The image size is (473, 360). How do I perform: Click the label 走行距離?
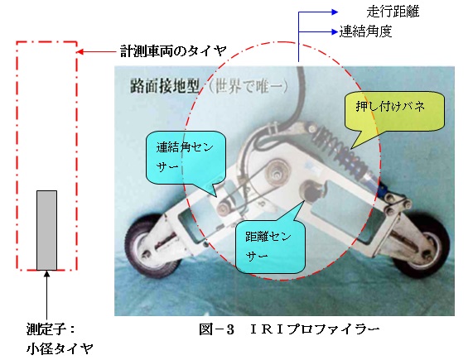(x=393, y=12)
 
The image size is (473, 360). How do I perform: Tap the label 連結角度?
(x=365, y=31)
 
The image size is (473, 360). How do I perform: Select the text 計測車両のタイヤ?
(x=173, y=51)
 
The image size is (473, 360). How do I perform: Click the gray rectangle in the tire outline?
(x=46, y=230)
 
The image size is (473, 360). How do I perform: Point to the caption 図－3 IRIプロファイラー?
(x=289, y=329)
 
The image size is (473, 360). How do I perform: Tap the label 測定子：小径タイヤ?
(x=59, y=339)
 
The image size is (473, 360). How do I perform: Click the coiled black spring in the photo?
(x=340, y=151)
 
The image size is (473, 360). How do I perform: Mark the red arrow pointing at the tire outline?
(x=97, y=52)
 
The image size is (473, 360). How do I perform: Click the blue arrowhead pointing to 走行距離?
(x=335, y=12)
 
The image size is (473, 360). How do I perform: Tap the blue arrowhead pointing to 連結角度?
(x=334, y=31)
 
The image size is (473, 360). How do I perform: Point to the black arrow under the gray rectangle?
(x=46, y=295)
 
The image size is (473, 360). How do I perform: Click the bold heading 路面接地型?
(x=165, y=87)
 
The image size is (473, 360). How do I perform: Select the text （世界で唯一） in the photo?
(x=248, y=87)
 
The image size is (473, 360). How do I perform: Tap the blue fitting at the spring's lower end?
(x=381, y=189)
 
